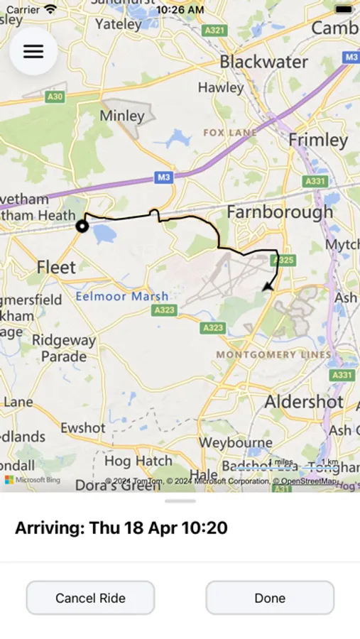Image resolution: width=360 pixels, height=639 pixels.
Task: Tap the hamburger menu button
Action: click(x=33, y=52)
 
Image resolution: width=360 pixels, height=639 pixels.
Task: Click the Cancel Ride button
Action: click(x=90, y=598)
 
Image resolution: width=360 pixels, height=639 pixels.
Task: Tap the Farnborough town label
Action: click(x=280, y=212)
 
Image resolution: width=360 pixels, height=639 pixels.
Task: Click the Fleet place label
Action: click(x=56, y=268)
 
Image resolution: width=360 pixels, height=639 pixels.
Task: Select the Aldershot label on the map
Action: click(x=304, y=401)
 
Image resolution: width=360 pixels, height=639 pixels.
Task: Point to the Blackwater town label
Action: click(x=263, y=62)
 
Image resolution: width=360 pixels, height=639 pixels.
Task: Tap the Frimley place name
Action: click(x=317, y=140)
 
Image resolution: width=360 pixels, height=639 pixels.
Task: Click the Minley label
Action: click(x=122, y=115)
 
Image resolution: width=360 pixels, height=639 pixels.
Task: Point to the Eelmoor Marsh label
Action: click(x=122, y=296)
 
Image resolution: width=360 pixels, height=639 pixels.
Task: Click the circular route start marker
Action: click(x=82, y=226)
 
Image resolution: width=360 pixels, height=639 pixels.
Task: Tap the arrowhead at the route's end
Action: click(x=267, y=286)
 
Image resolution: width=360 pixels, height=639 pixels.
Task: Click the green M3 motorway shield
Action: click(x=164, y=177)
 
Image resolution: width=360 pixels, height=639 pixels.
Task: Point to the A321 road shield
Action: click(x=214, y=31)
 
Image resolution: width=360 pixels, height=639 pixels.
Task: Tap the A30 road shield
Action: click(x=55, y=96)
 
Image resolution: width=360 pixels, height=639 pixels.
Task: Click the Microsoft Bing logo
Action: click(x=33, y=480)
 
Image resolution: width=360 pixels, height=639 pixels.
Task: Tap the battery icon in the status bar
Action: click(x=344, y=10)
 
